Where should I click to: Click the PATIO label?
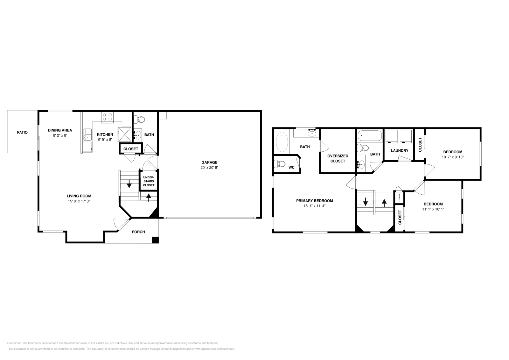(22, 132)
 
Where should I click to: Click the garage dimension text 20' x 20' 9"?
(209, 168)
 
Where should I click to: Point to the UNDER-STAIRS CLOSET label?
(149, 181)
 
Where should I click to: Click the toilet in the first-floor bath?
(139, 120)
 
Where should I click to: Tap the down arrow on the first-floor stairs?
(129, 184)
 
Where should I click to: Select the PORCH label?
(138, 232)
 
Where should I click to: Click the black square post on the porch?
(155, 240)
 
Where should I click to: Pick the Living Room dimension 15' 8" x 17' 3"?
(79, 201)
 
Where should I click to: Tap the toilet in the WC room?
(280, 164)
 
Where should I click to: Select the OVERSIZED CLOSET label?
(338, 158)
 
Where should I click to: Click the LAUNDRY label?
(399, 150)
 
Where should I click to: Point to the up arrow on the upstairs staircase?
(384, 202)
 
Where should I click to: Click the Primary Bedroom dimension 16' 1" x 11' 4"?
(314, 206)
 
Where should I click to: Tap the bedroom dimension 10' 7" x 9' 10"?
(452, 157)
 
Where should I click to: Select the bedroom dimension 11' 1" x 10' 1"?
(433, 209)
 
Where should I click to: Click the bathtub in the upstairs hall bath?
(369, 136)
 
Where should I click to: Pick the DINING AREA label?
(60, 130)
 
